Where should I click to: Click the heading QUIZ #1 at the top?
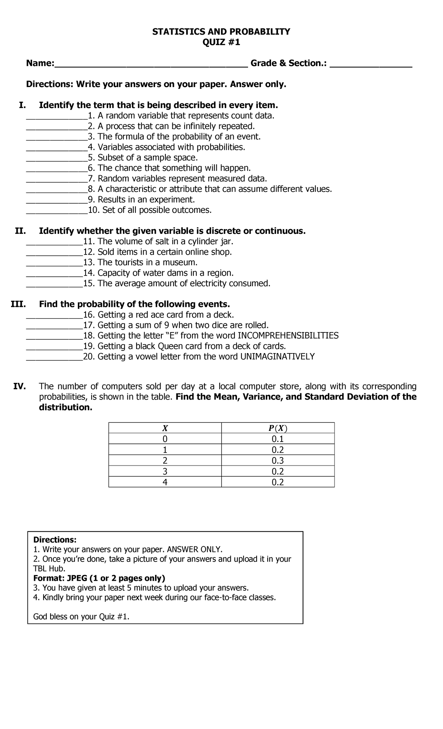point(221,42)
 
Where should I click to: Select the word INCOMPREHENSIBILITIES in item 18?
point(288,336)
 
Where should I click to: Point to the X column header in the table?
point(165,428)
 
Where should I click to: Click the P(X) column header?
point(278,428)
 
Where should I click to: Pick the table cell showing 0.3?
point(278,460)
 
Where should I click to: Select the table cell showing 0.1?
point(278,439)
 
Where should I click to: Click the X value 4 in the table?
point(165,482)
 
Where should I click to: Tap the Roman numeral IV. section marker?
point(20,386)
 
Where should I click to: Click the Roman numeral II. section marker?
point(20,231)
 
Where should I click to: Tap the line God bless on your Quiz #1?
point(81,616)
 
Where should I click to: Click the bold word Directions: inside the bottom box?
point(55,540)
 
